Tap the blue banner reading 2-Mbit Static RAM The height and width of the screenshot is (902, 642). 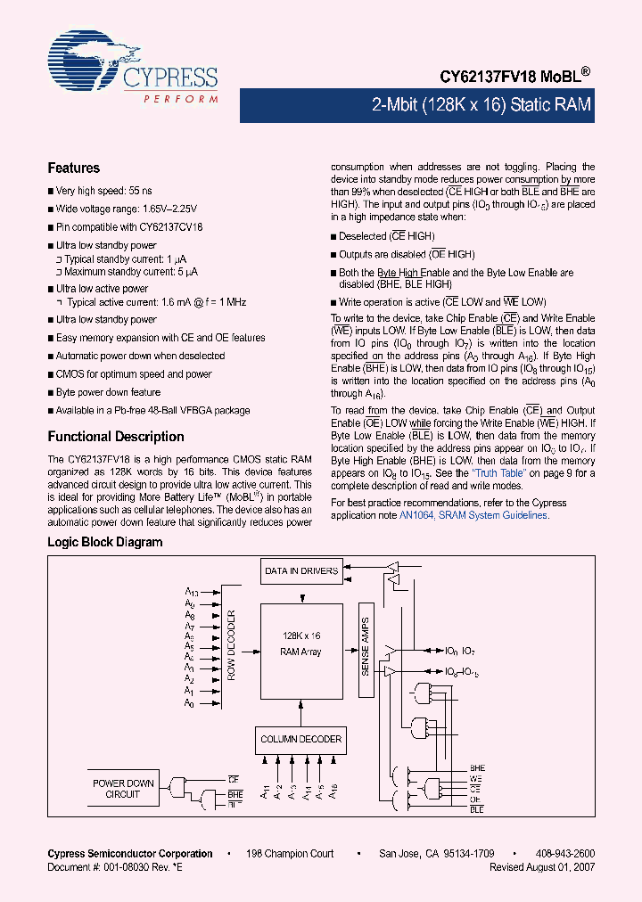click(481, 104)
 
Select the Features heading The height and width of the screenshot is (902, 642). click(73, 168)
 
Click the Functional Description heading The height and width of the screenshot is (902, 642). click(115, 437)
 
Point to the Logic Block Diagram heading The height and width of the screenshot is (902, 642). click(104, 542)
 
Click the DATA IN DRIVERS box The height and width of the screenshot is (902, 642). click(301, 570)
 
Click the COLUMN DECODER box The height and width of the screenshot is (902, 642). click(300, 739)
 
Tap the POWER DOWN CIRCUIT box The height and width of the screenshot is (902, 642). click(123, 788)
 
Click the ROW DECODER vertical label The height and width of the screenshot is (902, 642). click(231, 645)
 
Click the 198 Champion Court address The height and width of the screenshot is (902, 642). click(290, 854)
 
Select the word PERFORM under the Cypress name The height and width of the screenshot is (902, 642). click(180, 98)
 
